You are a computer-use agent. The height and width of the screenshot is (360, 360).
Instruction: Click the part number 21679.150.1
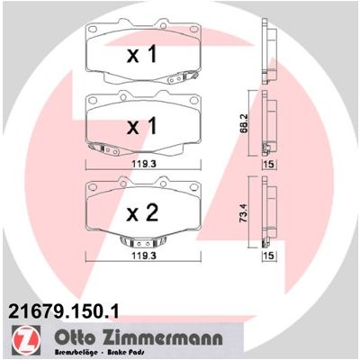pos(64,311)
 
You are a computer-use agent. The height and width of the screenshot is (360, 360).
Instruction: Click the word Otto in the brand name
pos(75,337)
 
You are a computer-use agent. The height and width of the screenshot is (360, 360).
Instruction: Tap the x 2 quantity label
pos(142,212)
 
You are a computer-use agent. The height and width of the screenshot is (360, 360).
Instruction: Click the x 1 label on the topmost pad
pos(142,54)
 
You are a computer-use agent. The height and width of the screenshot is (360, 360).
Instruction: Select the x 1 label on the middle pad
pos(142,125)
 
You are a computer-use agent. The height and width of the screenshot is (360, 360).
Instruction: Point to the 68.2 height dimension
pos(245,124)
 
